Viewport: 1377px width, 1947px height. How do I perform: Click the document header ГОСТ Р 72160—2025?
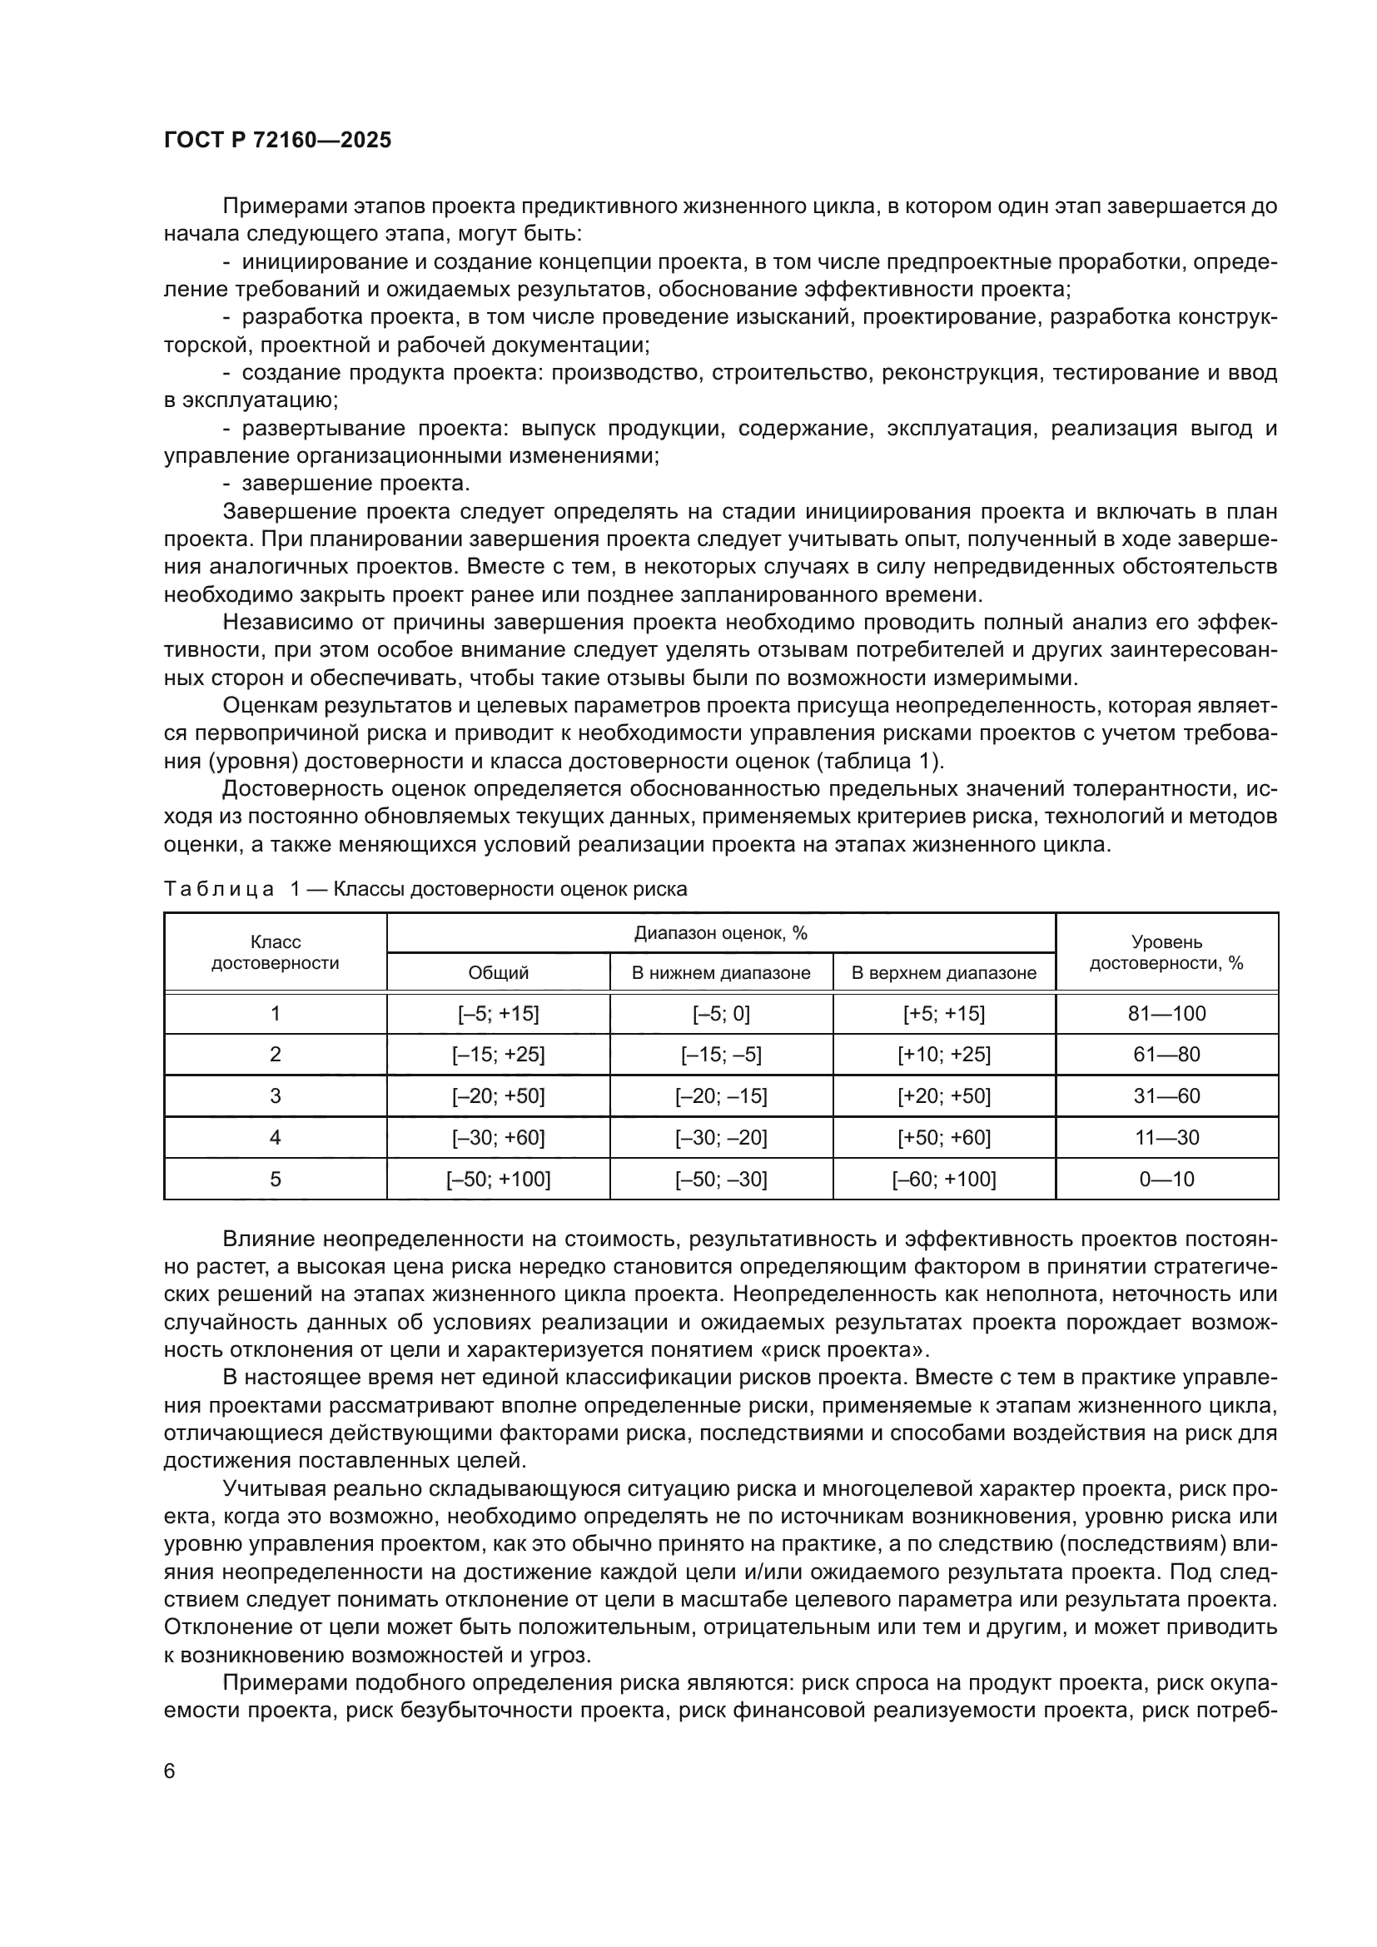pyautogui.click(x=277, y=141)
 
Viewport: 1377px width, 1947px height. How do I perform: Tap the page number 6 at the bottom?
pyautogui.click(x=170, y=1771)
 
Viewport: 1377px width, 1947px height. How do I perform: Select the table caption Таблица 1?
pyautogui.click(x=425, y=889)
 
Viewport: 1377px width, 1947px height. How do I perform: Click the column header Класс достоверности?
pyautogui.click(x=275, y=952)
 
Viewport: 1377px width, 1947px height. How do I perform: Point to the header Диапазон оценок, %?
pyautogui.click(x=721, y=934)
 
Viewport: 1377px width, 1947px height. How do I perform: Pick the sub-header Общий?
pyautogui.click(x=498, y=972)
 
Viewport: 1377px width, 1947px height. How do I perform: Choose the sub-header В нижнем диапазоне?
pyautogui.click(x=721, y=972)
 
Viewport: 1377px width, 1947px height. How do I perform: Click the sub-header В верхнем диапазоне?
pyautogui.click(x=944, y=972)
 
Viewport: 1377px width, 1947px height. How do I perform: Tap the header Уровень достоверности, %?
pyautogui.click(x=1166, y=952)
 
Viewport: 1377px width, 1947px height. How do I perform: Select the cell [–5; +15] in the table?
pyautogui.click(x=498, y=1013)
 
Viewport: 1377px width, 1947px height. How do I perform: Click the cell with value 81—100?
pyautogui.click(x=1166, y=1013)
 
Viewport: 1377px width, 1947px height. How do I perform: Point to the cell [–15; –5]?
pyautogui.click(x=721, y=1054)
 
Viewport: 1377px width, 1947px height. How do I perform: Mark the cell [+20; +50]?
pyautogui.click(x=944, y=1095)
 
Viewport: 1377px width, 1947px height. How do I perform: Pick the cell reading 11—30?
pyautogui.click(x=1166, y=1137)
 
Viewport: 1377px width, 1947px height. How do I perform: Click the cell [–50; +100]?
pyautogui.click(x=498, y=1179)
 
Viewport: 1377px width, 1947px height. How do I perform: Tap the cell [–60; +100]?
pyautogui.click(x=944, y=1179)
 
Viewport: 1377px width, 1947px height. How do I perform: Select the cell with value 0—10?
pyautogui.click(x=1166, y=1179)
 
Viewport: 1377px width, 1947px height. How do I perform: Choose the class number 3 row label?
pyautogui.click(x=275, y=1095)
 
